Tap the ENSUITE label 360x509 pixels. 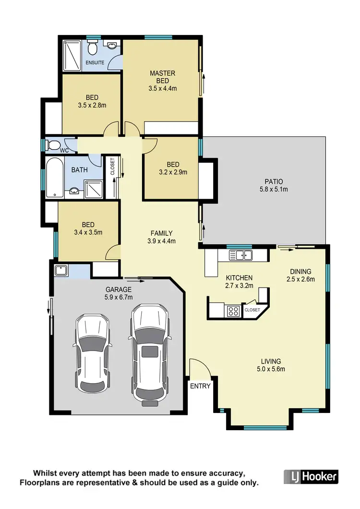[x=95, y=63]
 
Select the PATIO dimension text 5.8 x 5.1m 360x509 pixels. [x=274, y=189]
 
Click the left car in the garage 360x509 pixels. [x=93, y=354]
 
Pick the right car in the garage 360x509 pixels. [x=149, y=354]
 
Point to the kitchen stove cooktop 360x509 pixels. [x=233, y=311]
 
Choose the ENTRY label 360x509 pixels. [x=200, y=386]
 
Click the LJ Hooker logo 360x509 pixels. [x=311, y=477]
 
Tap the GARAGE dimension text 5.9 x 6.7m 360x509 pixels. [x=118, y=297]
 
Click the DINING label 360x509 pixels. [x=300, y=271]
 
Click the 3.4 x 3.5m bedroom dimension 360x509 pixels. [x=88, y=232]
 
